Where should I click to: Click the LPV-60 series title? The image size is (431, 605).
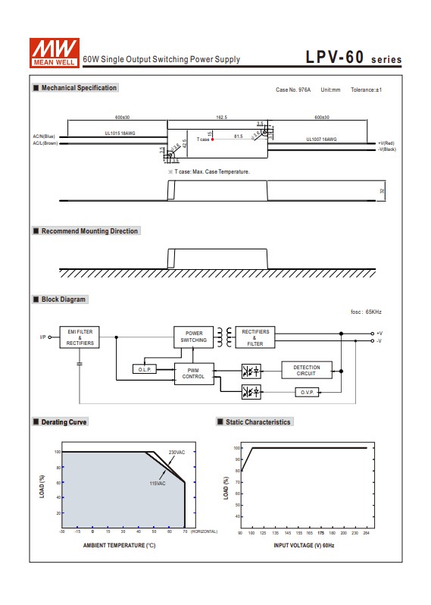click(x=353, y=58)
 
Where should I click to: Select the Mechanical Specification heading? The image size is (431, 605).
click(x=78, y=88)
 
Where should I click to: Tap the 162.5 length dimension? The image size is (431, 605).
click(x=222, y=118)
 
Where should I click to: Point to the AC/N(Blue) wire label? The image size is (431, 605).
click(x=45, y=136)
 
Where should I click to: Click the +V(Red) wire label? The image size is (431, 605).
click(x=386, y=143)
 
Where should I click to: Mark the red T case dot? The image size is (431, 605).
click(x=213, y=139)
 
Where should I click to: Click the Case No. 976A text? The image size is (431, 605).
click(x=293, y=89)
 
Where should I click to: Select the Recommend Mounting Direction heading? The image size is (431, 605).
click(x=89, y=231)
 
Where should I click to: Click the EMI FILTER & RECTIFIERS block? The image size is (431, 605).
click(x=80, y=337)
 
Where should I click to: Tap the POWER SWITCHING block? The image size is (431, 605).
click(x=194, y=337)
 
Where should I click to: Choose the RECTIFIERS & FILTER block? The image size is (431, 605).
click(x=255, y=337)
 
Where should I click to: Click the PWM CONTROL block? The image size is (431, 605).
click(x=194, y=372)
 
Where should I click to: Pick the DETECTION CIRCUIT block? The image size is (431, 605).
click(x=306, y=371)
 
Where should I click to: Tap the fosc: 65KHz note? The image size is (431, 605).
click(x=366, y=312)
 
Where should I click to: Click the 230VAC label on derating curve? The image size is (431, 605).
click(x=176, y=452)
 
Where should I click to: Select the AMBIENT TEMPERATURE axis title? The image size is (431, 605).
click(x=119, y=544)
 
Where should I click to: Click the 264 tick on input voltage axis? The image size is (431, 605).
click(x=367, y=533)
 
